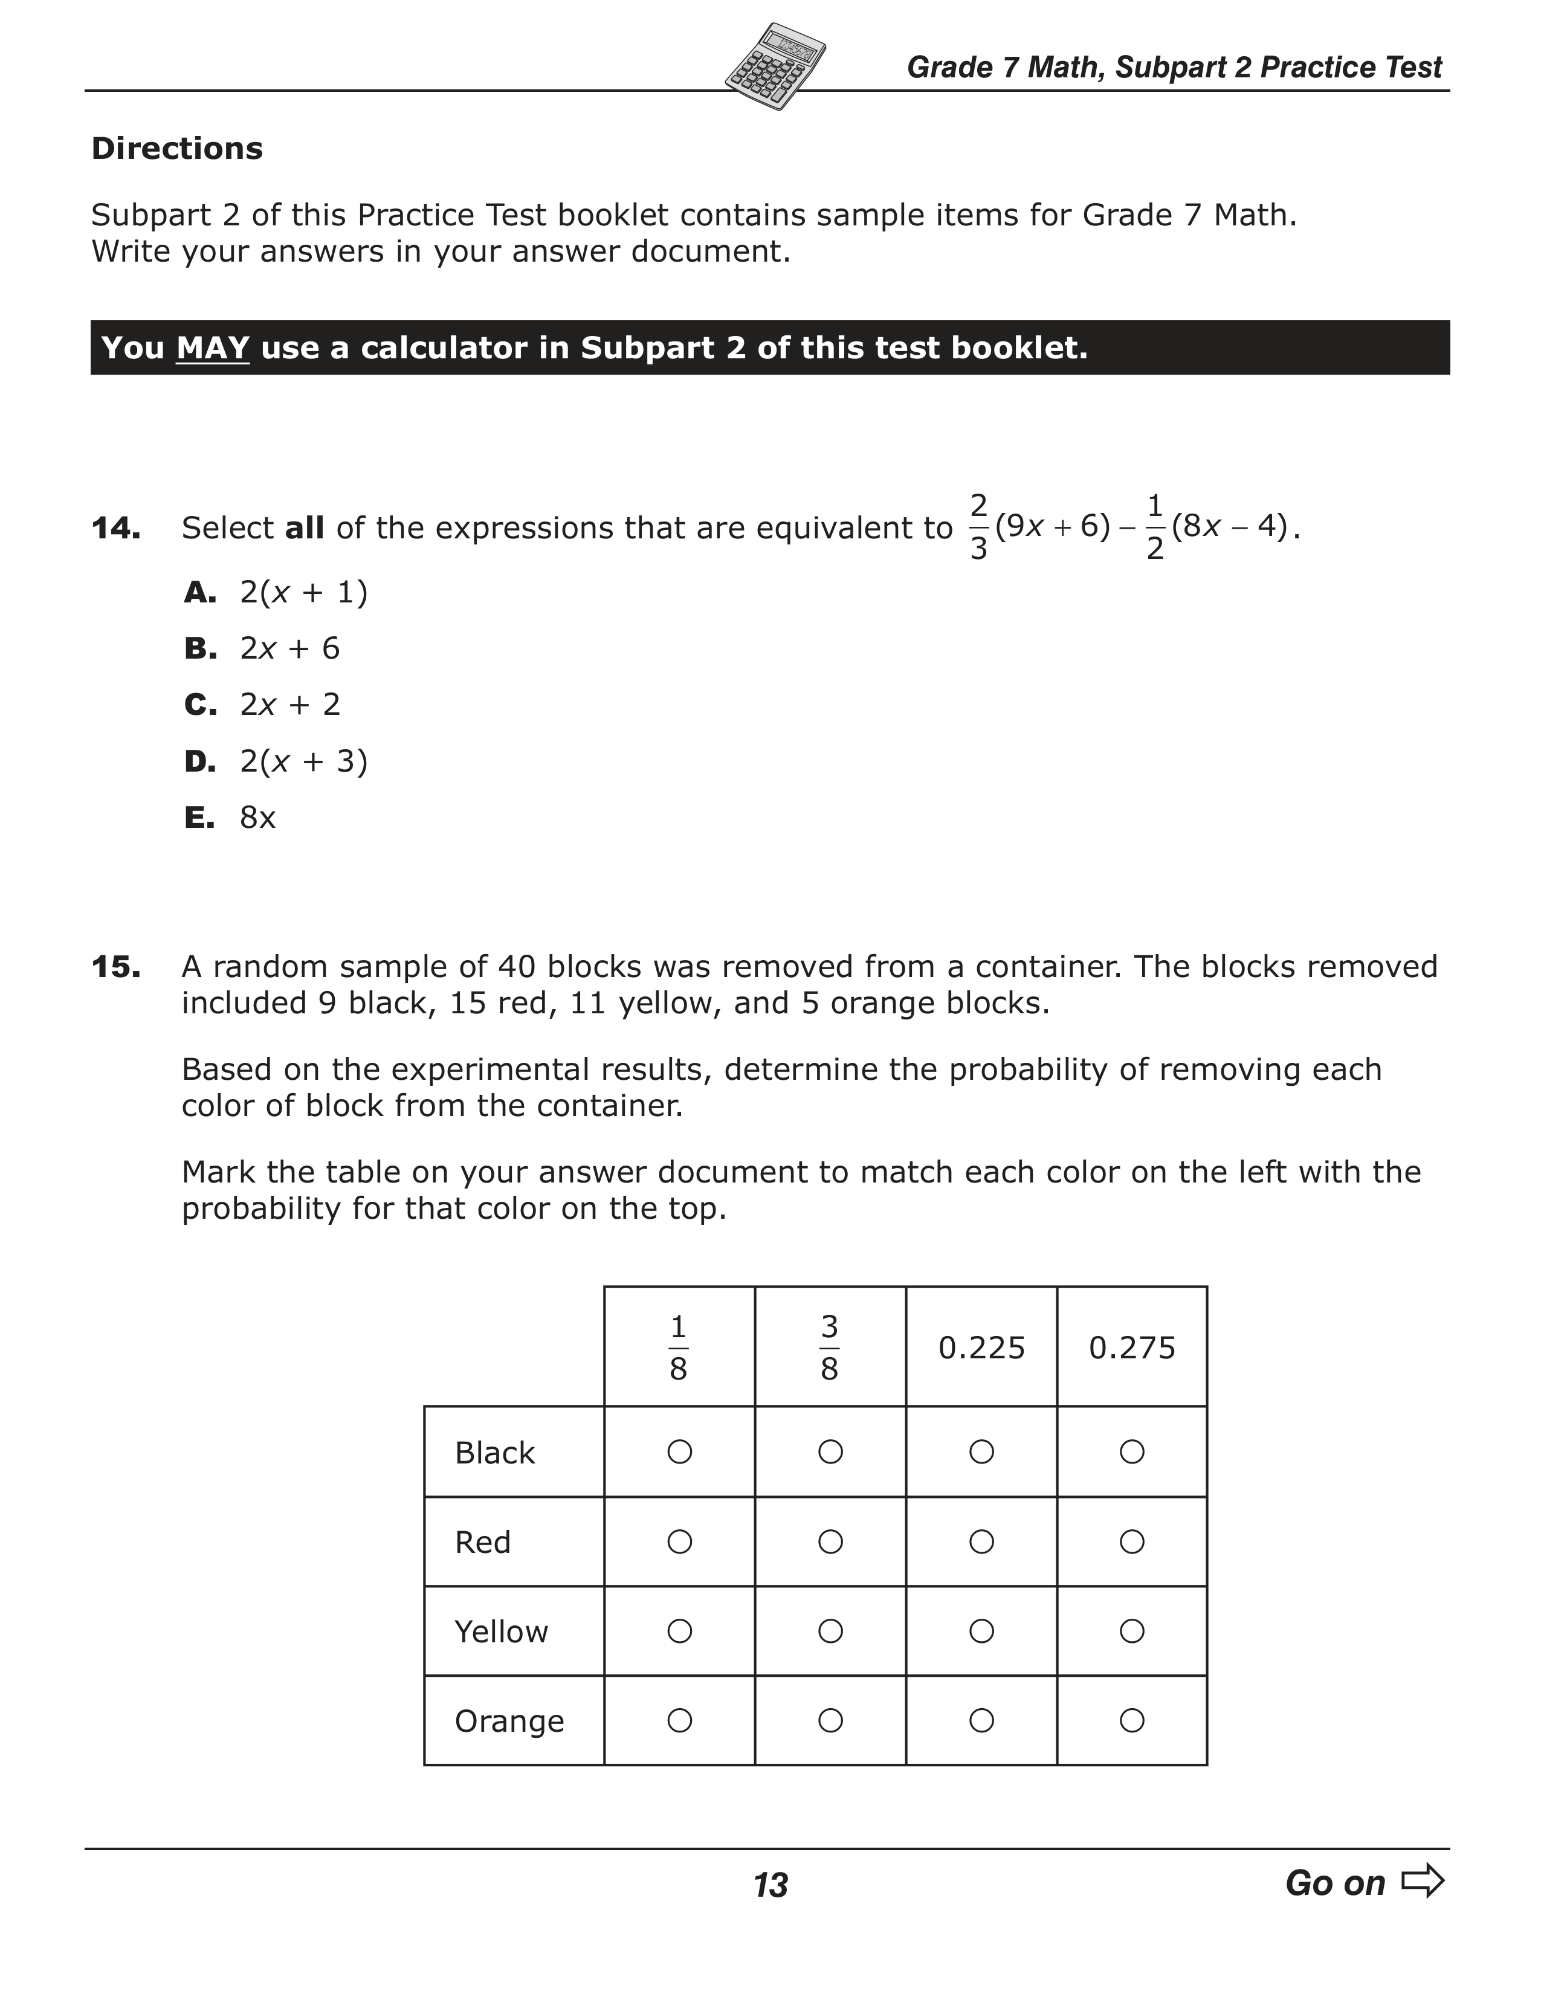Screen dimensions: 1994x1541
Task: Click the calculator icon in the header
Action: tap(775, 66)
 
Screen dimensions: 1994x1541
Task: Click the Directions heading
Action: tap(177, 149)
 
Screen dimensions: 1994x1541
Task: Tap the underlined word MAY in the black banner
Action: tap(213, 348)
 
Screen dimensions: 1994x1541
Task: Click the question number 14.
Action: tap(116, 528)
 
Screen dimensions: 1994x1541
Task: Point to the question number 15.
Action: tap(116, 967)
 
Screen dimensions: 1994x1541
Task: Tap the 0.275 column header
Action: tap(1132, 1347)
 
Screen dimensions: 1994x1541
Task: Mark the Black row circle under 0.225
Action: tap(981, 1451)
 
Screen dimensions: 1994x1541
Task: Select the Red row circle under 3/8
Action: tap(830, 1542)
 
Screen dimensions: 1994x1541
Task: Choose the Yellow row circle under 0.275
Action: tap(1132, 1631)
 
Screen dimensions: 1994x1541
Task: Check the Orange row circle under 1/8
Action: tap(679, 1721)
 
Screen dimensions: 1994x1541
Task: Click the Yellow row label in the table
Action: tap(501, 1631)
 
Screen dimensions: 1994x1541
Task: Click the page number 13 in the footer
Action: tap(771, 1885)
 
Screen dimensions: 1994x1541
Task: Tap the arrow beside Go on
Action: tap(1423, 1881)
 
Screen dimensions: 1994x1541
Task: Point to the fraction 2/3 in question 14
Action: tap(978, 527)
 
